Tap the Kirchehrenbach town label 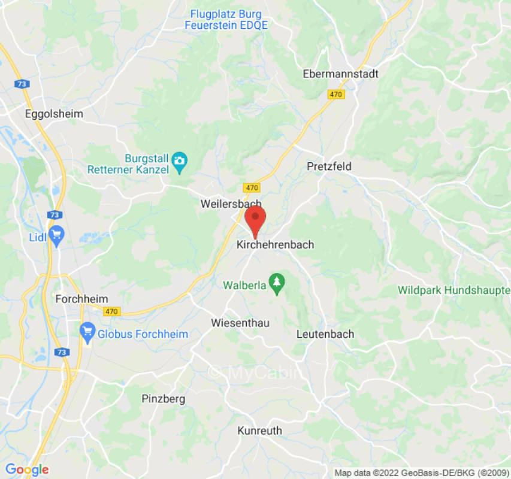pos(275,245)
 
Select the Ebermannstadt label pos(341,74)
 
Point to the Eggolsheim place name pos(54,114)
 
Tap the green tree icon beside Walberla pos(276,284)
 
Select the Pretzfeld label pos(329,166)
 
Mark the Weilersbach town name pos(231,204)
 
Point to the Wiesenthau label pos(240,323)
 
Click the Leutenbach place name pos(325,334)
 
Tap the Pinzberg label pos(164,399)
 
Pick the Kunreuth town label pos(259,431)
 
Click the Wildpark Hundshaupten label pos(454,290)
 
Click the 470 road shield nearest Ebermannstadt pos(336,94)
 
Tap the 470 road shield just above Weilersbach pos(252,187)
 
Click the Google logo pos(26,469)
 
